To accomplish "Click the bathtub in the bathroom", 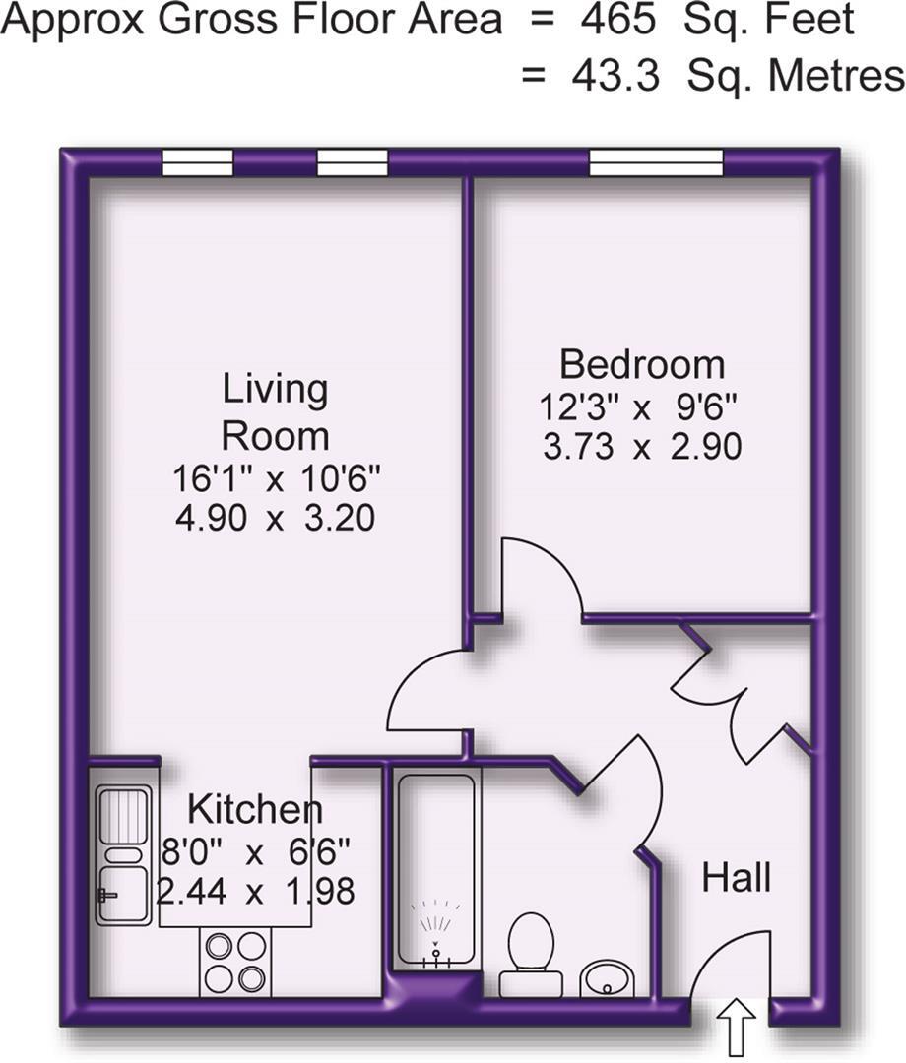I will [x=436, y=866].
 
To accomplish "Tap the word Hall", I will [x=736, y=876].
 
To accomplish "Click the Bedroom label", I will [x=642, y=364].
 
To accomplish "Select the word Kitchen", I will [x=254, y=810].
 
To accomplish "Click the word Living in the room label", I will [x=275, y=388].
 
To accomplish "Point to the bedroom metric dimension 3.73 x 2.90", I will [x=641, y=448].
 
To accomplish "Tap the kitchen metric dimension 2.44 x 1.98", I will [x=256, y=892].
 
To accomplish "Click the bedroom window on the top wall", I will [x=656, y=162].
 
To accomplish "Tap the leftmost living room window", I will [x=197, y=162].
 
